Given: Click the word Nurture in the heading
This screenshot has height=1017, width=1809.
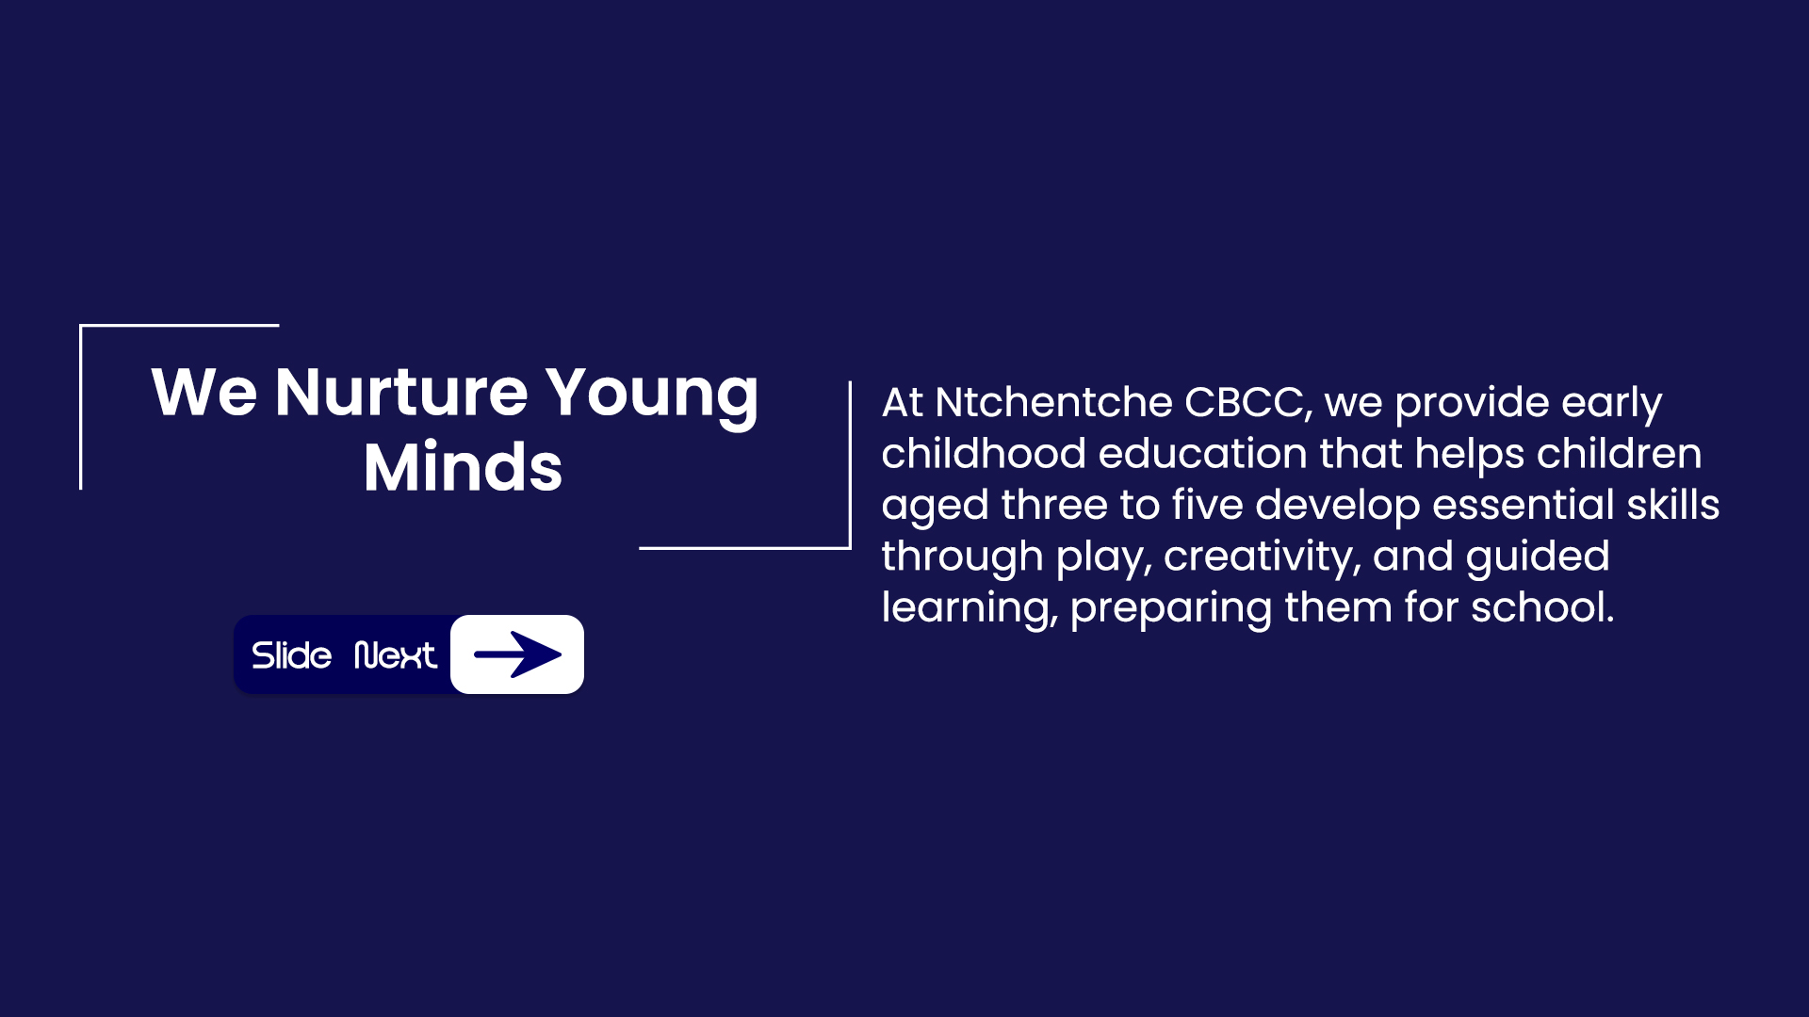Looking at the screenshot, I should (401, 393).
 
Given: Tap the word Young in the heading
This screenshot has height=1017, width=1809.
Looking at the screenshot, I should (652, 393).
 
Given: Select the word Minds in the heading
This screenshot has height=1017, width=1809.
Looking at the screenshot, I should (463, 468).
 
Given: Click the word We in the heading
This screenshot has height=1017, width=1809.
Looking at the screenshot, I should (204, 393).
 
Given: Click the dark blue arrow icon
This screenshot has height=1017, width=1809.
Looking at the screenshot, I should (517, 654).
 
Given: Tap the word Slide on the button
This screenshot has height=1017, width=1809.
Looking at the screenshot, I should (291, 655).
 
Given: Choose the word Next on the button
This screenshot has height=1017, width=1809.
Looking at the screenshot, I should (396, 655).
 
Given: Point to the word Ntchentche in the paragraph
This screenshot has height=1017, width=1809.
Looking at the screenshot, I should (1053, 403).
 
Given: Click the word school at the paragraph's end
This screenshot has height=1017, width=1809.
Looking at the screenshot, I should (1537, 608).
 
